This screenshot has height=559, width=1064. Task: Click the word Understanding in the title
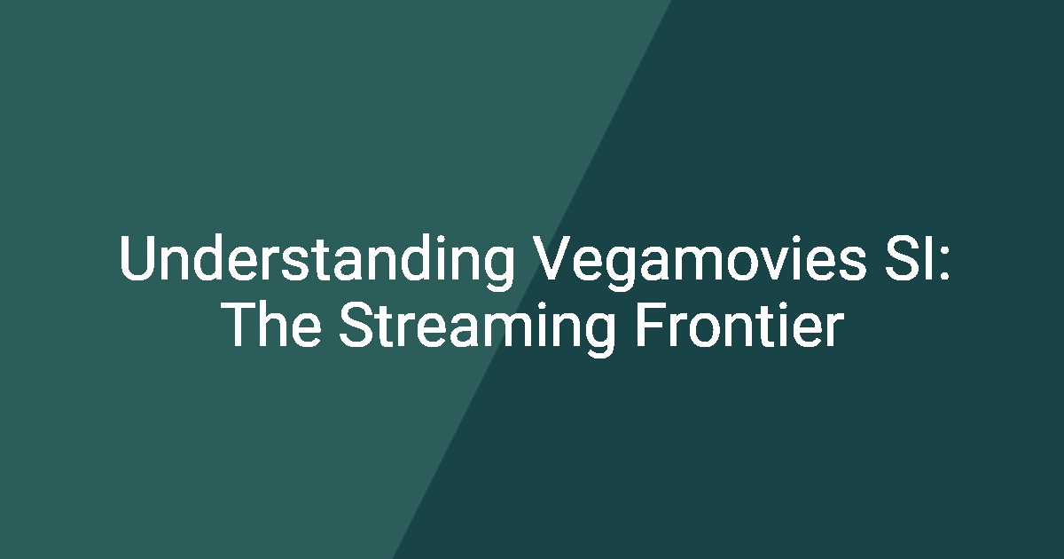tap(317, 262)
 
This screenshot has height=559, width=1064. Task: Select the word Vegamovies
tap(699, 262)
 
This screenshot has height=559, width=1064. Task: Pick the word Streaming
tap(477, 329)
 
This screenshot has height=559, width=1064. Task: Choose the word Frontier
tap(739, 324)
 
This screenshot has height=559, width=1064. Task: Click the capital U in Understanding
tap(137, 257)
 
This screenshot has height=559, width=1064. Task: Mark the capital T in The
tap(241, 325)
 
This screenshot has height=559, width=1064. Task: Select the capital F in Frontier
tap(650, 325)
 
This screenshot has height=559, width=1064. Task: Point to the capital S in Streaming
tap(356, 325)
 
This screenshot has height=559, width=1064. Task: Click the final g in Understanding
tap(498, 269)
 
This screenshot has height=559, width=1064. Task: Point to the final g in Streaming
tap(600, 336)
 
